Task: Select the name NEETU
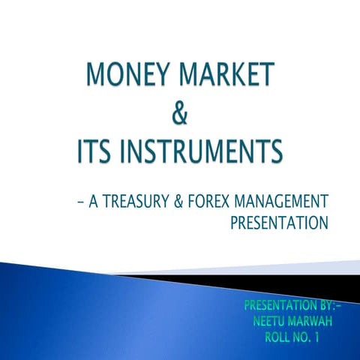point(275,321)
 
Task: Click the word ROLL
point(281,337)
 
